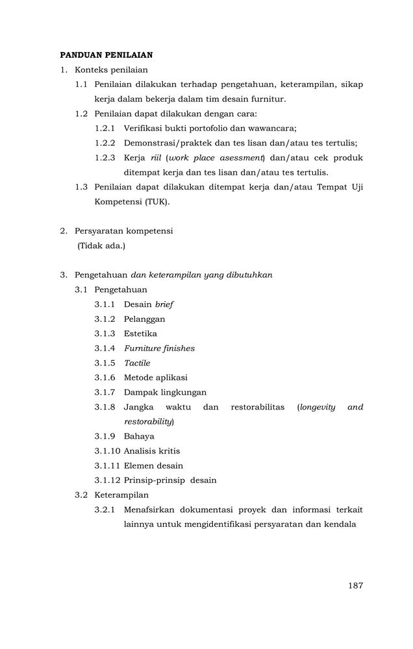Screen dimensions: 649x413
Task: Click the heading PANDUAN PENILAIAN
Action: [106, 55]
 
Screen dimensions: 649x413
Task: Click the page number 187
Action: [355, 585]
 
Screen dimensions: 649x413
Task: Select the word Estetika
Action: [140, 334]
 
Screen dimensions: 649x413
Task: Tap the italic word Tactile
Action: [137, 363]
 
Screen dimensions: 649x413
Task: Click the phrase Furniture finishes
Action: [159, 349]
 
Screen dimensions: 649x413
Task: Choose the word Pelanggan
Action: [144, 319]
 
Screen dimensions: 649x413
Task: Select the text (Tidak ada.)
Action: [101, 246]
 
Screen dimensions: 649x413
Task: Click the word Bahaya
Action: [139, 436]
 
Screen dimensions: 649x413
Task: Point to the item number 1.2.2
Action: [105, 143]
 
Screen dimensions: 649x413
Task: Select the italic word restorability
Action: [148, 422]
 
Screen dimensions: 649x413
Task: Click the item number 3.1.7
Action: [105, 392]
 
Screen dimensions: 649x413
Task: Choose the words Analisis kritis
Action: [152, 451]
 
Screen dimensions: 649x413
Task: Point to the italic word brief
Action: [164, 304]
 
